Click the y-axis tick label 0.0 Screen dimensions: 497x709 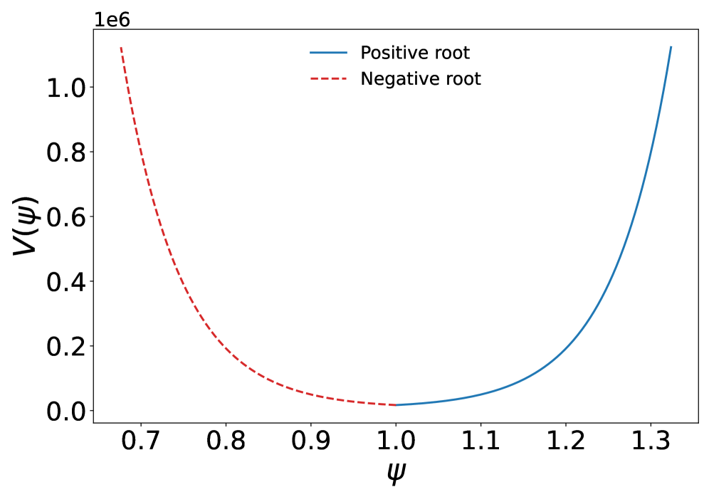65,412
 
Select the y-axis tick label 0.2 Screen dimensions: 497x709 65,347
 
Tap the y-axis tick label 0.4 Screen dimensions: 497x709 65,282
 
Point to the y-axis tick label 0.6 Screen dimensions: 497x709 65,217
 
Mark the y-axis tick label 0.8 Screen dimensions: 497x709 65,152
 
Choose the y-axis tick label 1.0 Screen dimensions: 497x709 65,88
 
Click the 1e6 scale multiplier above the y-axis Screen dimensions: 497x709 112,19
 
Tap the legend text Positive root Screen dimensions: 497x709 415,53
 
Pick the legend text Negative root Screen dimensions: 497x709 421,78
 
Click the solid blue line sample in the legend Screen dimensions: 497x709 328,53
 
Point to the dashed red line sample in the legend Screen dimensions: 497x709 328,78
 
